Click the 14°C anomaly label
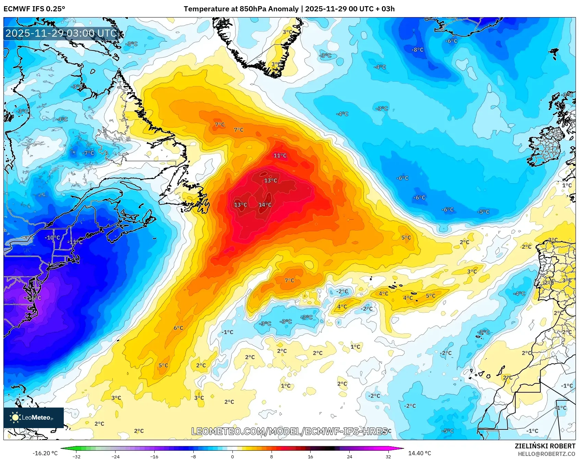[265, 205]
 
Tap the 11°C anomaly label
[280, 156]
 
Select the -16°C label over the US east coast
[34, 298]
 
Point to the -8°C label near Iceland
[418, 50]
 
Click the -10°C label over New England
[52, 238]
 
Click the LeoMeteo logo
[34, 417]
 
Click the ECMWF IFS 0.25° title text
[34, 9]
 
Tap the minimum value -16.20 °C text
[45, 453]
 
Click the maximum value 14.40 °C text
[420, 453]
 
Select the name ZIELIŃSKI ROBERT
[545, 446]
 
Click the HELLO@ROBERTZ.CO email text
[546, 454]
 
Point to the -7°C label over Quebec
[88, 153]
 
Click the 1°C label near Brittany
[567, 185]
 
